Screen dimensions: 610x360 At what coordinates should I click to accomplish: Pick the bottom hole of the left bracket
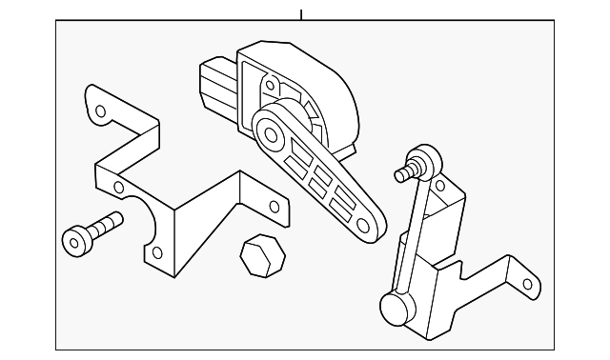pyautogui.click(x=157, y=252)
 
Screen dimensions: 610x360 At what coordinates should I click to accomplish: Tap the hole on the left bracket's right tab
pyautogui.click(x=274, y=207)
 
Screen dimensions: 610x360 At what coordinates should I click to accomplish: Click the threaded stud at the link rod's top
pyautogui.click(x=401, y=174)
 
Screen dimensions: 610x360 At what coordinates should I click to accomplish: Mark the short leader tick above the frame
pyautogui.click(x=301, y=14)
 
